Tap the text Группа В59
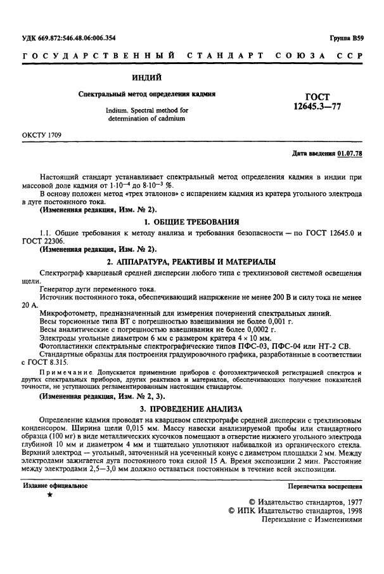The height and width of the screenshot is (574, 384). (345, 37)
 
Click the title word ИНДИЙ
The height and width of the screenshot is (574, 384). (146, 78)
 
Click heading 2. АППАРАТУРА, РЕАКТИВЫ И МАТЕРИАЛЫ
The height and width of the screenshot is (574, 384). (191, 262)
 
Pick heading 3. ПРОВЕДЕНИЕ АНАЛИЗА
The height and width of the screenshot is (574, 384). (191, 409)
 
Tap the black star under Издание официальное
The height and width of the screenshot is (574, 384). (50, 495)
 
